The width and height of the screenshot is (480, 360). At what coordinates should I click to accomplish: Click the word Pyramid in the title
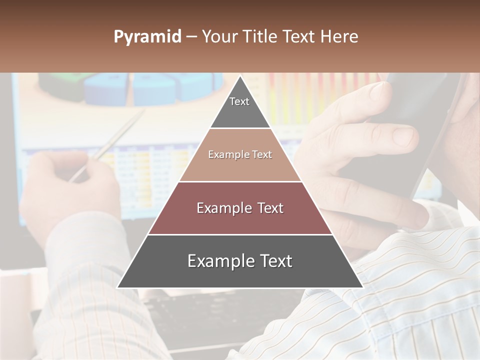(147, 37)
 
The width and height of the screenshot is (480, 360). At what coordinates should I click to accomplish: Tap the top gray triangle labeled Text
(240, 107)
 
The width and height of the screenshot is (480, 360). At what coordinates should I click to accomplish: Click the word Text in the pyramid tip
(239, 101)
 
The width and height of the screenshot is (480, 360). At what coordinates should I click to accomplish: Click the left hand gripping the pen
(70, 190)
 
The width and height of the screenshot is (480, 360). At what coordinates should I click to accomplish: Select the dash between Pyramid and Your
(191, 37)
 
